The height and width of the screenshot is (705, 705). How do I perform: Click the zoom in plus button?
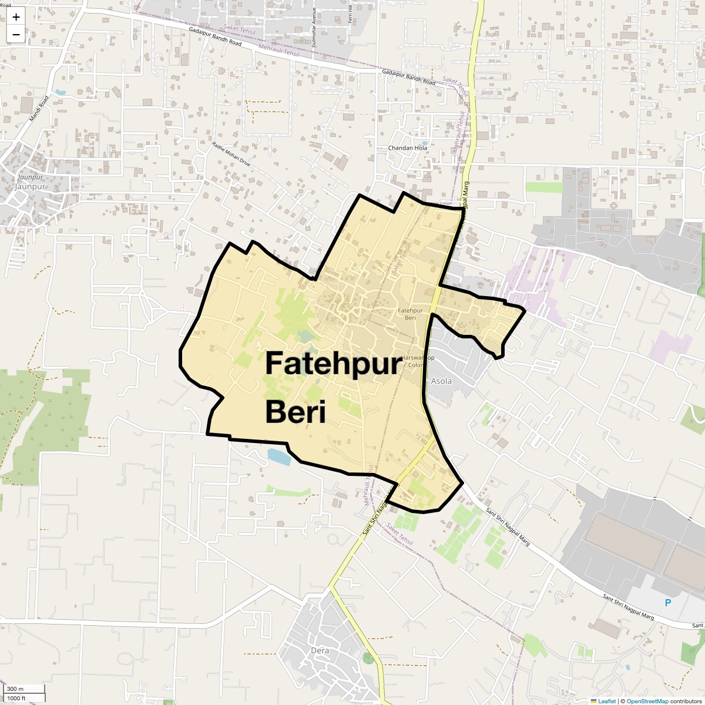click(x=16, y=17)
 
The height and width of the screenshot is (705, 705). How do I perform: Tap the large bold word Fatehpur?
click(x=333, y=364)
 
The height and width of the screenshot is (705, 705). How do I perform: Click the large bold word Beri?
click(x=295, y=411)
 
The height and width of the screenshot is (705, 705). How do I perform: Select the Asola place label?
click(x=441, y=381)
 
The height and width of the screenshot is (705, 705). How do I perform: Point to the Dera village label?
click(x=320, y=650)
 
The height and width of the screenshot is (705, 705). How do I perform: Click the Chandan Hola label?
click(x=408, y=148)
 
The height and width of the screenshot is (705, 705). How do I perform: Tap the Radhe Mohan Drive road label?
click(x=231, y=155)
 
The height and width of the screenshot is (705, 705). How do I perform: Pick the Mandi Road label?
click(x=39, y=109)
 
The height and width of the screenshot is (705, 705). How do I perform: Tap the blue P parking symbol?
click(x=667, y=603)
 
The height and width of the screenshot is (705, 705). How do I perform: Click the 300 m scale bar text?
click(x=15, y=689)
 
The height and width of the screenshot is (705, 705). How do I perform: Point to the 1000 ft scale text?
click(x=16, y=698)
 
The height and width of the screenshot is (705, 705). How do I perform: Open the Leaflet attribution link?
click(x=607, y=701)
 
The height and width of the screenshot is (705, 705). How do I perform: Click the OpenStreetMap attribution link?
click(x=647, y=701)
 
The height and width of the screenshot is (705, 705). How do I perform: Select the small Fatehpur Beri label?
click(x=410, y=314)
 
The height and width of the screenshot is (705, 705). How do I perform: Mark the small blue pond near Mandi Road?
click(x=61, y=93)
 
